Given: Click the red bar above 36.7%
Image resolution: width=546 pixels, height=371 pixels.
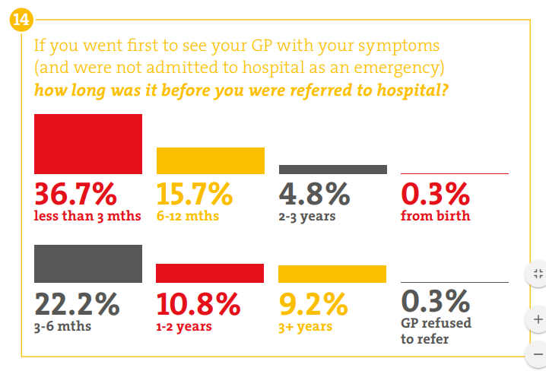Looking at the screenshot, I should point(88,144).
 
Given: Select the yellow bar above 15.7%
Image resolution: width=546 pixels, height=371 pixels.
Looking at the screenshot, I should point(210,160).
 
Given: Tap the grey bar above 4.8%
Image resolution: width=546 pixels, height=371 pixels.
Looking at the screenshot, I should point(332,170).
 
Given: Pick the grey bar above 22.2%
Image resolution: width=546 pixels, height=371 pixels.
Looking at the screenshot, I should point(88,264).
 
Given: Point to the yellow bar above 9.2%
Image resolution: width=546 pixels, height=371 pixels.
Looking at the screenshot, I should point(332,274).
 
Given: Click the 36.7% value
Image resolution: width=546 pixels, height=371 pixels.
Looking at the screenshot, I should point(75,195).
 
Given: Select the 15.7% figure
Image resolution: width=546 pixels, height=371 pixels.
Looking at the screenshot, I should point(195,195).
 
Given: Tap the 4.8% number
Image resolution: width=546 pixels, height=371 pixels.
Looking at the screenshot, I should point(314,195).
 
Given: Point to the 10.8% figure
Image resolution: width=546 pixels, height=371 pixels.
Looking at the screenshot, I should point(198,304).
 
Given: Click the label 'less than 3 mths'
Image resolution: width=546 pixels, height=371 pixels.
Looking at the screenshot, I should point(87,216).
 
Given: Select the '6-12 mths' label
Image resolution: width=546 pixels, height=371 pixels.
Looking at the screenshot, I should point(188,216).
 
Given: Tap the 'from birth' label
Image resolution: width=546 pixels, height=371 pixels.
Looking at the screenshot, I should point(435,216).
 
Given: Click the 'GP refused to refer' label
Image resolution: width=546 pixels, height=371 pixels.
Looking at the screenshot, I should point(436,331).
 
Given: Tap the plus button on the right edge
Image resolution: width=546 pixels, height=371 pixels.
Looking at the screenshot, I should point(538,319).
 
